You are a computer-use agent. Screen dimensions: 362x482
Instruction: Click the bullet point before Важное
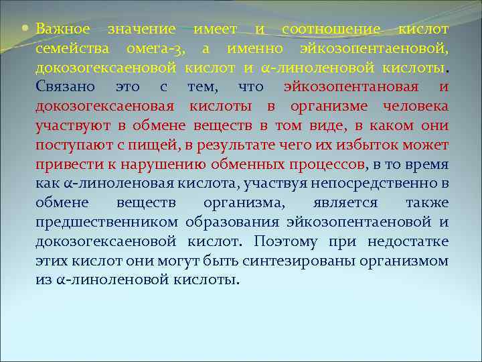click(27, 29)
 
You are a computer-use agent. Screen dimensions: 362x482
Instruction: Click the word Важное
click(62, 29)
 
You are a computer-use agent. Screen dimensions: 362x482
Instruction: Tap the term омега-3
click(157, 49)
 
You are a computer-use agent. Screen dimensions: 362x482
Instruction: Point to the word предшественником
click(107, 223)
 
